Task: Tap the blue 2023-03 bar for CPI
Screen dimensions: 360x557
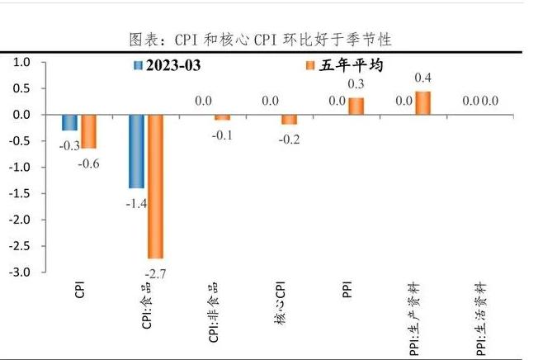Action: (x=69, y=122)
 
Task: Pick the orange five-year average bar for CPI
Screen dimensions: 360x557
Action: (x=88, y=131)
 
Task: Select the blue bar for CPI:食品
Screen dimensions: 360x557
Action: (x=135, y=151)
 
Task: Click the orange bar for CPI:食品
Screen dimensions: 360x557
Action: (x=155, y=186)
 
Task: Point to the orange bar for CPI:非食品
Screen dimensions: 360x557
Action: (x=222, y=117)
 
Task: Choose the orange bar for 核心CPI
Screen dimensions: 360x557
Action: (x=289, y=120)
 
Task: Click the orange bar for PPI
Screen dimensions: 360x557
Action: (x=356, y=107)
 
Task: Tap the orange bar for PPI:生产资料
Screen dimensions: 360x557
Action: (x=422, y=103)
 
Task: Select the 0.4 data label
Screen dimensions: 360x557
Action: (x=423, y=78)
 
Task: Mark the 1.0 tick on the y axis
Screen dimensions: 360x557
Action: (x=21, y=62)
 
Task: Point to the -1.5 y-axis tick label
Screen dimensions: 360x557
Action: (x=20, y=193)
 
